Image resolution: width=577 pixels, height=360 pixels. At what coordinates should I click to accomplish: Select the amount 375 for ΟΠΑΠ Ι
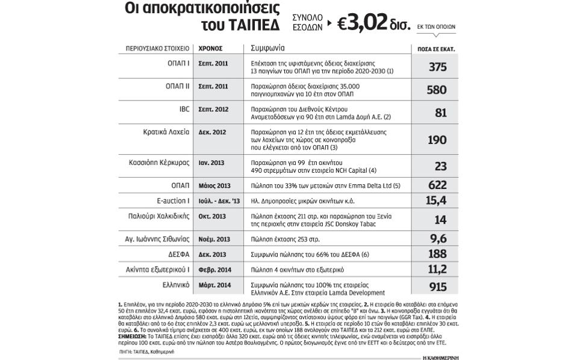coord(437,67)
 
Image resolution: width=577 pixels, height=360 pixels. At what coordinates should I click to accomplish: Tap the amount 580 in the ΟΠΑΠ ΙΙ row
coord(437,90)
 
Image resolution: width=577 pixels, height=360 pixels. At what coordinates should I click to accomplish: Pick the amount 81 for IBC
coord(441,113)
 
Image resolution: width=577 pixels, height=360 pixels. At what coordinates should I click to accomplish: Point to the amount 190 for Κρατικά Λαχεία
coord(437,140)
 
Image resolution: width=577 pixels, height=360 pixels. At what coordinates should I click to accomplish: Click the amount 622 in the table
coord(437,185)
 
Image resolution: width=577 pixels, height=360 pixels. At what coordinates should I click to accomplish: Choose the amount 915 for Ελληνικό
coord(437,287)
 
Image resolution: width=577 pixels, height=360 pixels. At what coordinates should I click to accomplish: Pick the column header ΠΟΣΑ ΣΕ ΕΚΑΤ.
coord(436,48)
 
